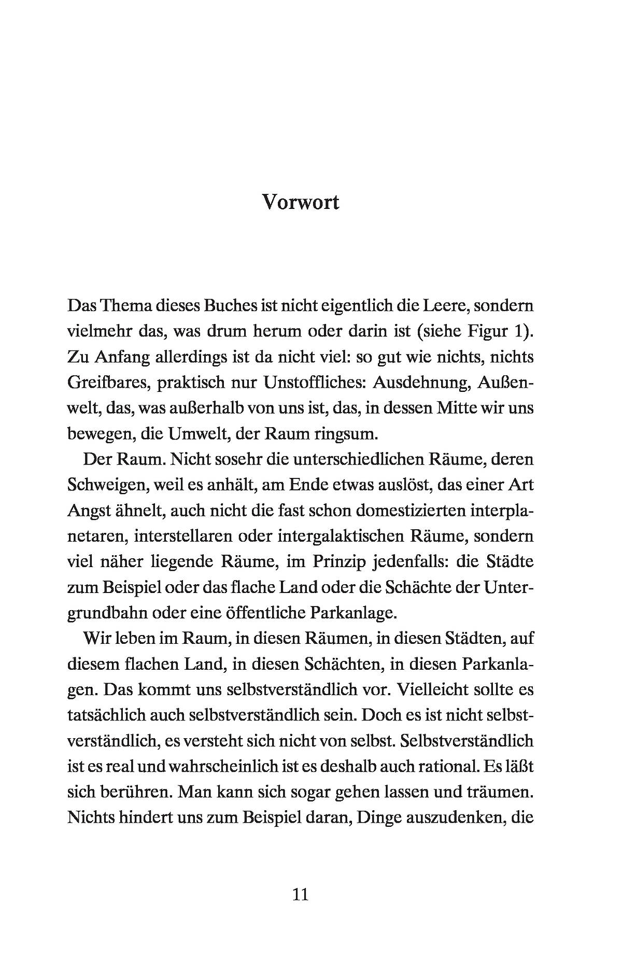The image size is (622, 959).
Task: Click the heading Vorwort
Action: (x=300, y=202)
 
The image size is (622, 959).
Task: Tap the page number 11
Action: (x=301, y=894)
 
